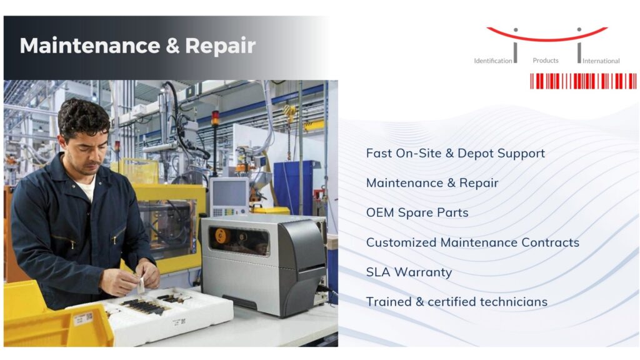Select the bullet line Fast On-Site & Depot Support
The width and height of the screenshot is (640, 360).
click(x=455, y=153)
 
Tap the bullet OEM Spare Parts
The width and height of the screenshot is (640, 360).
click(x=417, y=212)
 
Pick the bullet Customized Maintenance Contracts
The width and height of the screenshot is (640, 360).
click(x=472, y=242)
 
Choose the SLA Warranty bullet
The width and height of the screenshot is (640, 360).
click(x=409, y=272)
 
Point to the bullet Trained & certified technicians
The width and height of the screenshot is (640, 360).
click(x=456, y=302)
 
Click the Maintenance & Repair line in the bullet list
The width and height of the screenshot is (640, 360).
click(x=432, y=183)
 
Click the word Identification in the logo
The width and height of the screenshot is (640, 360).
click(x=492, y=61)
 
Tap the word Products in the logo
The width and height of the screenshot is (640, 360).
click(x=546, y=61)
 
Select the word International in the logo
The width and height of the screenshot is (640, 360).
click(x=601, y=61)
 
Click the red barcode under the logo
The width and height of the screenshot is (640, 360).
click(x=583, y=81)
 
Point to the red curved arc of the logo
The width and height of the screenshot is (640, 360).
click(x=547, y=36)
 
